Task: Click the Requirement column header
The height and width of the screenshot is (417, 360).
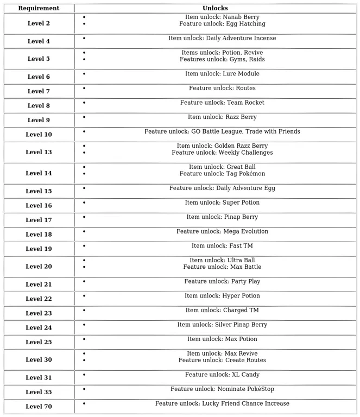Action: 39,8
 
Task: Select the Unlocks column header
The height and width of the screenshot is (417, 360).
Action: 215,8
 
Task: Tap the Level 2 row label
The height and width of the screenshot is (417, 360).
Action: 39,23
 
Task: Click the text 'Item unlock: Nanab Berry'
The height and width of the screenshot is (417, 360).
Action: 222,17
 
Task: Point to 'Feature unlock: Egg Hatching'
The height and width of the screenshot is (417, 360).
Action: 222,24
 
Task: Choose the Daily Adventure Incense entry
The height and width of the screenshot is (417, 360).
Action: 222,38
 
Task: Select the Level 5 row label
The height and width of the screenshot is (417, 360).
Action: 39,59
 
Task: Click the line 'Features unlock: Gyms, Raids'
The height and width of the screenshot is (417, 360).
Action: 222,59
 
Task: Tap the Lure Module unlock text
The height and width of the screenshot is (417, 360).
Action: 222,74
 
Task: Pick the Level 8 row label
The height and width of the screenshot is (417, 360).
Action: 39,105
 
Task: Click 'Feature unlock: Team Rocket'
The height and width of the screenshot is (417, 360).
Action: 222,103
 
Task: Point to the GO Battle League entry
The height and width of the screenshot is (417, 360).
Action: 222,131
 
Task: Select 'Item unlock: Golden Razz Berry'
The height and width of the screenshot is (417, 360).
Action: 222,146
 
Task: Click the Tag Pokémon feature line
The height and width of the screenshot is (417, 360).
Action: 222,174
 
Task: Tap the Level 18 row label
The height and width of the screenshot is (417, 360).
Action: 39,234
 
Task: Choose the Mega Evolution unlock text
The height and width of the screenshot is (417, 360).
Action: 222,231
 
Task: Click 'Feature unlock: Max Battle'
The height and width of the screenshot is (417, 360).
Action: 222,267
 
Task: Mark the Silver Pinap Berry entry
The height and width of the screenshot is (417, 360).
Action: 222,325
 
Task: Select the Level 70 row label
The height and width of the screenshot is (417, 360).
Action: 39,406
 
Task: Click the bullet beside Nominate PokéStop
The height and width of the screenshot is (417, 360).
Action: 84,389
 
